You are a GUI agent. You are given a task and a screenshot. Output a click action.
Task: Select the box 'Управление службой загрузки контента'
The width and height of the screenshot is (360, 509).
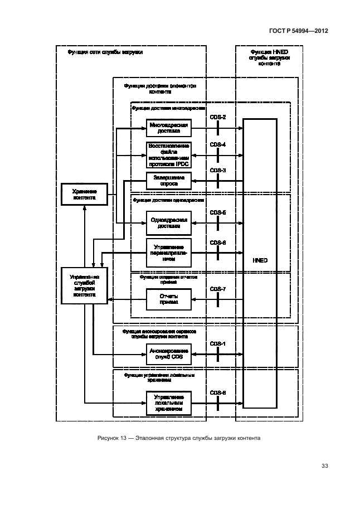tap(84, 285)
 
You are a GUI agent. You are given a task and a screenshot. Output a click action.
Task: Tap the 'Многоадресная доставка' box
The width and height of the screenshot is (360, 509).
tap(168, 128)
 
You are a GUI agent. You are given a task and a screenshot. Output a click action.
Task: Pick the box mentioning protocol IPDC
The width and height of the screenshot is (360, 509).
tap(168, 155)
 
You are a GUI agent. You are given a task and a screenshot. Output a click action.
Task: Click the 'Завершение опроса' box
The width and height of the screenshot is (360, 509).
tap(168, 181)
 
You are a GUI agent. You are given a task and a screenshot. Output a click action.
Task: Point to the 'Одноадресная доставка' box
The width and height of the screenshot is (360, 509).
tap(168, 223)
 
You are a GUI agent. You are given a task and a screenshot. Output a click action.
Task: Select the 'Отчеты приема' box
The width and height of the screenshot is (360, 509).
tap(168, 299)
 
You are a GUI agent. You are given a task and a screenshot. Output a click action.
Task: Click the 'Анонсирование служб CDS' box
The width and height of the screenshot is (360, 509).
tap(168, 353)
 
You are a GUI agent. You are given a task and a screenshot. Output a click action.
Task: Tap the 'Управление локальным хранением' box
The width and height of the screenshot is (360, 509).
tap(168, 404)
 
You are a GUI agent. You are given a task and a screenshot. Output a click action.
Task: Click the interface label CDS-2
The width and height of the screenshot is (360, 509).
tap(217, 118)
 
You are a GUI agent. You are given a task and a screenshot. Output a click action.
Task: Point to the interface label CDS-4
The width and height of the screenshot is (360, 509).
tap(217, 144)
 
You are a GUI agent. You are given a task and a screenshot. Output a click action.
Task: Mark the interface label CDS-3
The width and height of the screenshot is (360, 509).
tap(217, 170)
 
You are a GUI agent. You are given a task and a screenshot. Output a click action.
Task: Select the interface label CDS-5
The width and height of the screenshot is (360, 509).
tap(217, 212)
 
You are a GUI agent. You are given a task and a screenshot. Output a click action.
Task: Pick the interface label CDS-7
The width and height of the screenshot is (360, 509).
tap(217, 289)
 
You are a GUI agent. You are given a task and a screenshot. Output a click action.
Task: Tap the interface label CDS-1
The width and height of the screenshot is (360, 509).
tap(217, 343)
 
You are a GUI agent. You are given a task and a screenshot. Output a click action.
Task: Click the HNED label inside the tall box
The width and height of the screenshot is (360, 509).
tap(259, 260)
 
